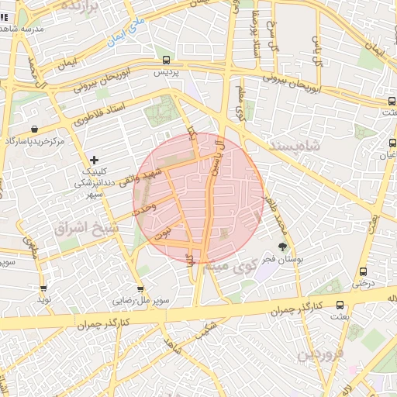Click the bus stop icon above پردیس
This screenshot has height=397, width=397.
[x=166, y=59]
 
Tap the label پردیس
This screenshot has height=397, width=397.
[x=166, y=71]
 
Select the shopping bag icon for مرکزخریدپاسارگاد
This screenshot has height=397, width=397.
[x=34, y=129]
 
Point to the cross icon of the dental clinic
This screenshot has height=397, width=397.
[x=95, y=160]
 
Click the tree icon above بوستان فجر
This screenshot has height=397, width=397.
[x=281, y=246]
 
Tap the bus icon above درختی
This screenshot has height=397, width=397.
[x=363, y=271]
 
